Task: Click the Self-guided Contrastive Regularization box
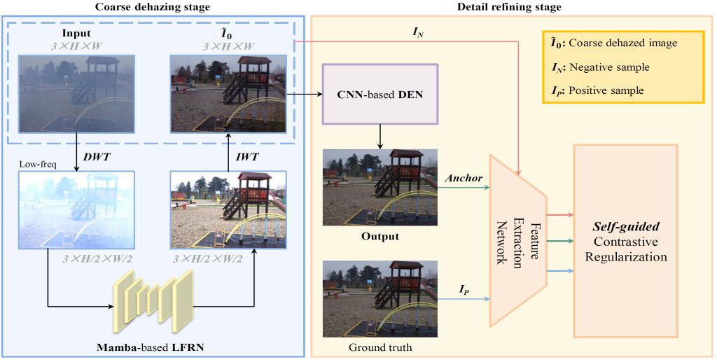click(x=625, y=241)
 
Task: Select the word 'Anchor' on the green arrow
click(x=464, y=178)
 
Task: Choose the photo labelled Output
click(x=380, y=187)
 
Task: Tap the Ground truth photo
click(x=380, y=298)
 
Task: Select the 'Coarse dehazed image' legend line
click(x=614, y=43)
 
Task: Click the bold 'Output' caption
click(x=380, y=236)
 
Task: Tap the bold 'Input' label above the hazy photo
click(x=76, y=34)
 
